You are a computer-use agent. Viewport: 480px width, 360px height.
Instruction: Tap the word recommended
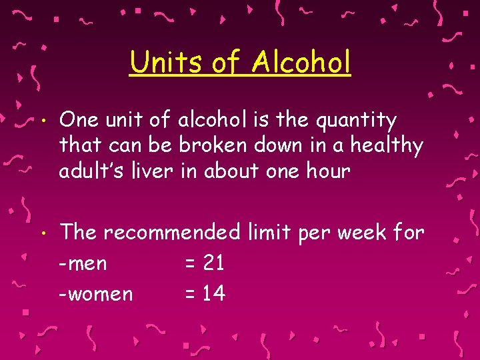point(171,232)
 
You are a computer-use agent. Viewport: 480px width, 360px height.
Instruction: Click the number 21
point(213,263)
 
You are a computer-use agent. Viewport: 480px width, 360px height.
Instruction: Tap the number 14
point(213,293)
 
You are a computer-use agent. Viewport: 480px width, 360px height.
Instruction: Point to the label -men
point(83,264)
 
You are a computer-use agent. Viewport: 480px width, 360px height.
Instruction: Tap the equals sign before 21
point(190,264)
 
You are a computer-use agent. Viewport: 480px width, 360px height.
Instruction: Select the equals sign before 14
point(190,294)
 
